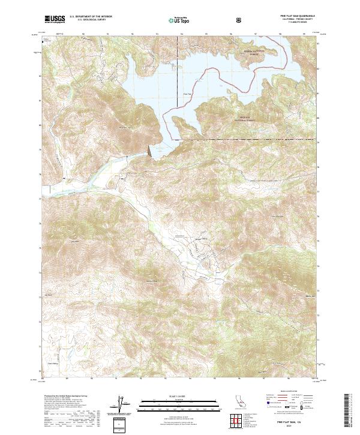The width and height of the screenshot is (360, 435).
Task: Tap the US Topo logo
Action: tap(174, 20)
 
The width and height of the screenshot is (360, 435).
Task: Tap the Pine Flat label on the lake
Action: tap(187, 94)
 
